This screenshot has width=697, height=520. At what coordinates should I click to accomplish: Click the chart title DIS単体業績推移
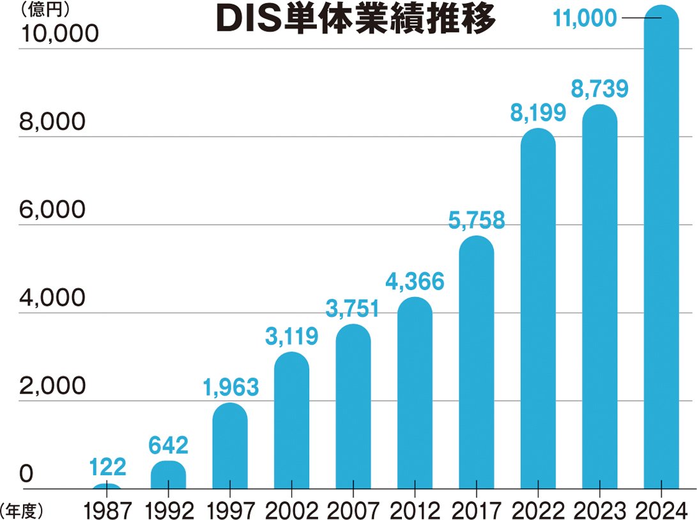tap(356, 20)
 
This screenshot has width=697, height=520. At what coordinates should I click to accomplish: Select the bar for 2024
tap(661, 256)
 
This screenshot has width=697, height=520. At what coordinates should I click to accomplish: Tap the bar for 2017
tap(476, 364)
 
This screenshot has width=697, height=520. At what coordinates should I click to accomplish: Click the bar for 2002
tap(291, 422)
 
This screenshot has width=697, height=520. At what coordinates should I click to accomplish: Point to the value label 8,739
tap(600, 89)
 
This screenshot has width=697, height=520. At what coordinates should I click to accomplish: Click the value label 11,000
tap(585, 19)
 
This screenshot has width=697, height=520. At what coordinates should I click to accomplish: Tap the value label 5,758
tap(476, 220)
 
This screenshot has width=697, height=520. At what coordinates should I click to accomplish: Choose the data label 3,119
tap(291, 337)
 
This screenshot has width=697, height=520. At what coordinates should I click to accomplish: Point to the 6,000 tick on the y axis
tap(52, 210)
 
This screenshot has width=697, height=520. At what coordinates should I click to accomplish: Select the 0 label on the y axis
tap(26, 474)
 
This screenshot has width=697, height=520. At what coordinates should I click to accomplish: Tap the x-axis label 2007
tap(353, 510)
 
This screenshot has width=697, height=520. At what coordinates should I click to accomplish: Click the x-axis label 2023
tap(600, 510)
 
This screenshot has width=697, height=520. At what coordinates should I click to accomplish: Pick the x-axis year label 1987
tap(106, 510)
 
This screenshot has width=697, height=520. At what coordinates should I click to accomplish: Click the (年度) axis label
tap(22, 510)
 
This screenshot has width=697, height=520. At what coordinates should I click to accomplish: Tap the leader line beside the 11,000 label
tap(641, 19)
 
